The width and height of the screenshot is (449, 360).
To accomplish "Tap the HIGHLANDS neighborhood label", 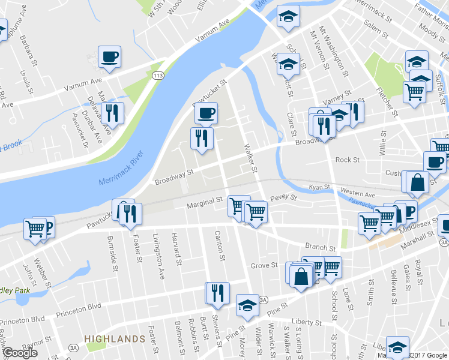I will (115, 339).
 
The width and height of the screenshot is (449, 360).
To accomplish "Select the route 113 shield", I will (158, 76).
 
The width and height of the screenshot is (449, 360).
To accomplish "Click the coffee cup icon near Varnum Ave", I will (110, 57).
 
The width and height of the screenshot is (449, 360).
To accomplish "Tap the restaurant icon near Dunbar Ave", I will (112, 112).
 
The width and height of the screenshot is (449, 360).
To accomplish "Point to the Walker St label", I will (252, 159).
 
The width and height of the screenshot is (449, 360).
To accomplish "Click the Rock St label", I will (347, 160).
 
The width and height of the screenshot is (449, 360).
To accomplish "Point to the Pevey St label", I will (284, 197).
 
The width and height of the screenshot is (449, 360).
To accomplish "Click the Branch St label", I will (320, 247).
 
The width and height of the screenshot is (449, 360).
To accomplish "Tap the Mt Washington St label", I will (334, 52).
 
